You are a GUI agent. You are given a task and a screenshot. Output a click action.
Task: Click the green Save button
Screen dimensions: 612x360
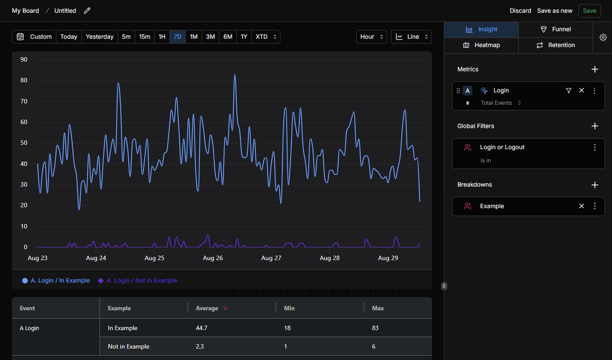(x=589, y=11)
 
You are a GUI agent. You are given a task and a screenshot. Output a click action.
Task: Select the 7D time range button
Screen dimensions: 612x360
(x=177, y=37)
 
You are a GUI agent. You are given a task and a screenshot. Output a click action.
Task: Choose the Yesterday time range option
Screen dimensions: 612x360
(x=100, y=37)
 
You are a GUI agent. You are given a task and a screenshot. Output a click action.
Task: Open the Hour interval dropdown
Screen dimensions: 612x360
(x=371, y=37)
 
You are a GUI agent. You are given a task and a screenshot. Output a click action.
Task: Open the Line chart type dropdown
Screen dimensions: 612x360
(x=411, y=37)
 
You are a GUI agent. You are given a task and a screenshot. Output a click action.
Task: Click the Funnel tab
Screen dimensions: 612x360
(x=556, y=29)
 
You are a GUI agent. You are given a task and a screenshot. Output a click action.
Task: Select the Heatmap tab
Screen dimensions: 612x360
(x=481, y=45)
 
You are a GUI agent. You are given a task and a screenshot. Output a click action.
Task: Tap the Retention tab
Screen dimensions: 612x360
(x=556, y=45)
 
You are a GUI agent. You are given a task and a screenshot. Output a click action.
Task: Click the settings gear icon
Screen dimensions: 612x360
(x=603, y=37)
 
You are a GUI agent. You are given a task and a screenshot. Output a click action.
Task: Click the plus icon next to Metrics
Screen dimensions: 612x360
(x=595, y=70)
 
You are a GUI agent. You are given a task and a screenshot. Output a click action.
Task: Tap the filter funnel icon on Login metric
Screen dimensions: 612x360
(x=568, y=90)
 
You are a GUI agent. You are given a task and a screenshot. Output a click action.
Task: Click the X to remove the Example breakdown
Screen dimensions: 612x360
(x=581, y=206)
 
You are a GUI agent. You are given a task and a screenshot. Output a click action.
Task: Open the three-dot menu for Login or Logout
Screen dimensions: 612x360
(x=594, y=147)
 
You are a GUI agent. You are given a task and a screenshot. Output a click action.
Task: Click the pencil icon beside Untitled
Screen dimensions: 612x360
(x=87, y=11)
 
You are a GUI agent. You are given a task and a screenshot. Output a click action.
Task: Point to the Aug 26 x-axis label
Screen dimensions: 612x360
(x=213, y=258)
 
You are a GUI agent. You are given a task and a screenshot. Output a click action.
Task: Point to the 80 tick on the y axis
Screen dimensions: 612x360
(x=24, y=80)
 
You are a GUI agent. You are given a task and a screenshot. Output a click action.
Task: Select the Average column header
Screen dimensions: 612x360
(x=207, y=309)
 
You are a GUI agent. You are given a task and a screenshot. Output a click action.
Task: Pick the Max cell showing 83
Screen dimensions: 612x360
(x=375, y=328)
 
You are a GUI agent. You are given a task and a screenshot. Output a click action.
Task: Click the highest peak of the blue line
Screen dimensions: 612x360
(x=235, y=74)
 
